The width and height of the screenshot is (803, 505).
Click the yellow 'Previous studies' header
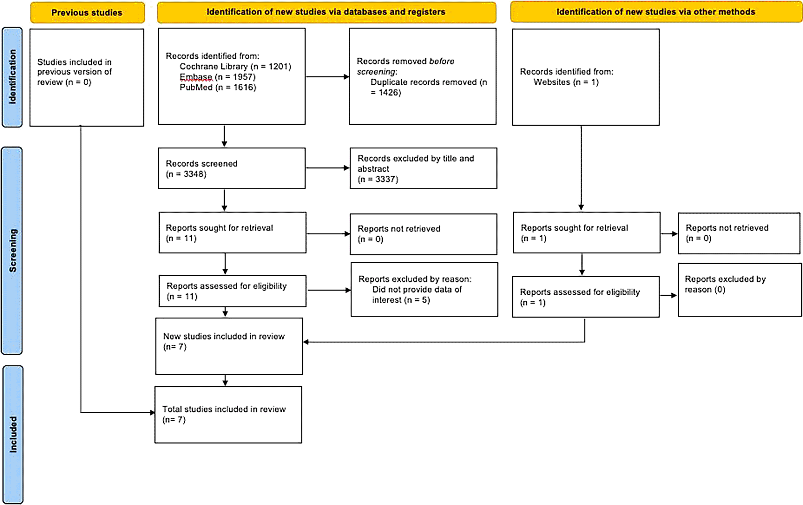[x=88, y=13]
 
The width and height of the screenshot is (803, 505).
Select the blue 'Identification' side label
[x=12, y=77]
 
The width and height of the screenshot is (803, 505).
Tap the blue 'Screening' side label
[x=12, y=251]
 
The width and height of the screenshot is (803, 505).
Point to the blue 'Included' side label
[x=13, y=434]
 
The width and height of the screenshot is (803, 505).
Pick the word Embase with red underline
[x=196, y=77]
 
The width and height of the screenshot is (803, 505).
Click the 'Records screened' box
[x=232, y=168]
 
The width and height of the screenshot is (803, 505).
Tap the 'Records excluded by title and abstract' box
[x=423, y=168]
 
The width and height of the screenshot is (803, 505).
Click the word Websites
[x=552, y=82]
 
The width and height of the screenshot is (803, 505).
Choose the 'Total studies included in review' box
[x=228, y=415]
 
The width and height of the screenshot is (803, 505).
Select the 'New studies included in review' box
[x=229, y=346]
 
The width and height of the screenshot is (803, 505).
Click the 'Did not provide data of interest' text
[x=417, y=295]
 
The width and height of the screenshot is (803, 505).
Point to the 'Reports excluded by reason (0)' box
[x=740, y=290]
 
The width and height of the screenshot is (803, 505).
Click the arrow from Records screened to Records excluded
[x=327, y=168]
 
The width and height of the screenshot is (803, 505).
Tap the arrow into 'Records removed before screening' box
[x=327, y=77]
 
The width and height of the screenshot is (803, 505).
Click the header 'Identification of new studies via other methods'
[x=656, y=12]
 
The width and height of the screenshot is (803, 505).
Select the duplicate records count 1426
[x=390, y=93]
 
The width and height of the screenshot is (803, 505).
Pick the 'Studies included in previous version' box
[x=87, y=78]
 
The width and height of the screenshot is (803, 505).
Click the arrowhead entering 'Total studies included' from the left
[x=152, y=413]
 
